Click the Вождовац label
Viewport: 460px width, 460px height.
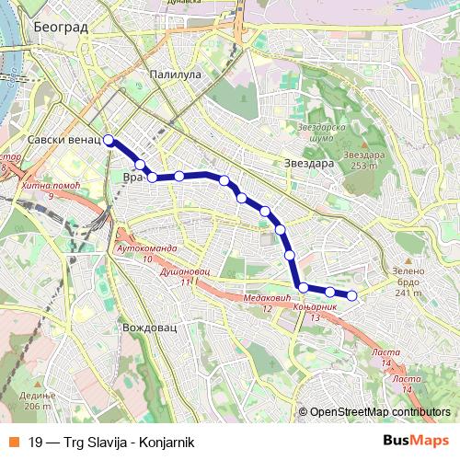[149, 327]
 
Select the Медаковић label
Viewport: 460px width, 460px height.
[268, 298]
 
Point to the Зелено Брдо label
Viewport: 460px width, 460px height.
[408, 278]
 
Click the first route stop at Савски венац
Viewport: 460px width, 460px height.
[109, 140]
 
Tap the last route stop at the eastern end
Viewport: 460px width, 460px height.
[351, 295]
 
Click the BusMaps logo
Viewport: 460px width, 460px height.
[413, 442]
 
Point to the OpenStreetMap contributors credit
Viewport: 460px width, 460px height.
[379, 412]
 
